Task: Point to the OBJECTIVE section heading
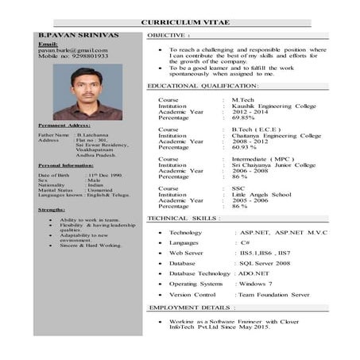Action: (x=169, y=37)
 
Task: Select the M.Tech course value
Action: (x=241, y=99)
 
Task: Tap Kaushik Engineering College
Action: (x=273, y=106)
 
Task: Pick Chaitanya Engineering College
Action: (x=276, y=135)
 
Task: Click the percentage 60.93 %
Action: (x=245, y=147)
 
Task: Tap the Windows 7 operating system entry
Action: (x=254, y=283)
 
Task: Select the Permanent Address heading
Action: (x=64, y=126)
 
